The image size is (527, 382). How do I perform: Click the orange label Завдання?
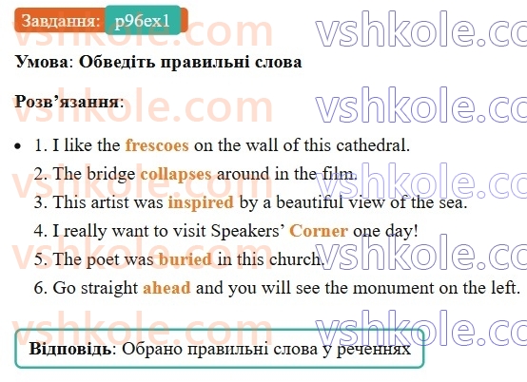point(59,21)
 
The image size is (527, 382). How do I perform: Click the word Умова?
point(42,63)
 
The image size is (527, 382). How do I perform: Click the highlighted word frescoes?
point(157,146)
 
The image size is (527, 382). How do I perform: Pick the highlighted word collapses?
point(176,175)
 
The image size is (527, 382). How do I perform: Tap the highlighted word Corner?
point(319,231)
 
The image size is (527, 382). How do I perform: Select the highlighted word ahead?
point(166,287)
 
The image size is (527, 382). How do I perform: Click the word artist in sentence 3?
point(106,202)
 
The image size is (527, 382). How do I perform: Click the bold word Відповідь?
point(70,349)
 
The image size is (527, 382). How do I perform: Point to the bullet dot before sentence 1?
point(20,147)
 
